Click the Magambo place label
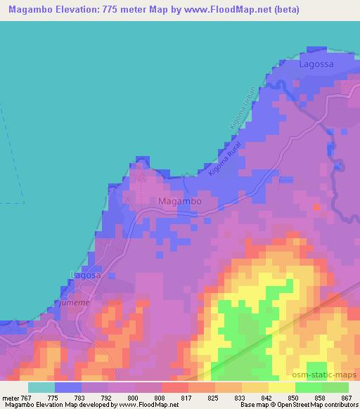[x=180, y=201]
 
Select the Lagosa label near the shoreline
[x=86, y=275]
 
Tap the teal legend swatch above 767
[x=41, y=387]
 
